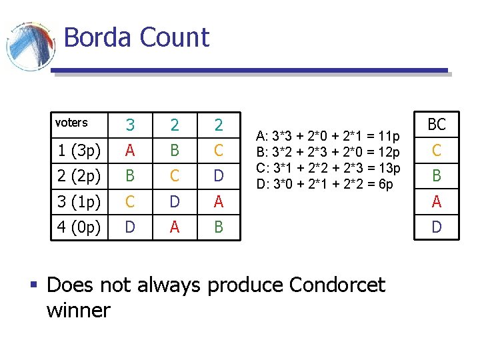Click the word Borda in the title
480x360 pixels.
pos(98,37)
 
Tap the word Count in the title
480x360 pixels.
pos(175,37)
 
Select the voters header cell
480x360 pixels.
pos(71,123)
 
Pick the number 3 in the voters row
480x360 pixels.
pos(131,125)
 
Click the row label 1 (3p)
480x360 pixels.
pos(79,151)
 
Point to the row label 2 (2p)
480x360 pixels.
pos(79,177)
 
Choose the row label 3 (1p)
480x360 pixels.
pos(79,201)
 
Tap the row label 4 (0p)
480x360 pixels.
pos(79,227)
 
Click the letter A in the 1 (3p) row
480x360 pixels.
pos(131,151)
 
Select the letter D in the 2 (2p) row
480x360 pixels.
pos(219,177)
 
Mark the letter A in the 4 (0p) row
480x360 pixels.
pos(175,227)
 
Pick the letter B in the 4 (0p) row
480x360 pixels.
pos(219,227)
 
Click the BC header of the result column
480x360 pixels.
pos(437,124)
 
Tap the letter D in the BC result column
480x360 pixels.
pos(437,227)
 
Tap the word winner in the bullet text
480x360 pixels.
pos(79,310)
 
